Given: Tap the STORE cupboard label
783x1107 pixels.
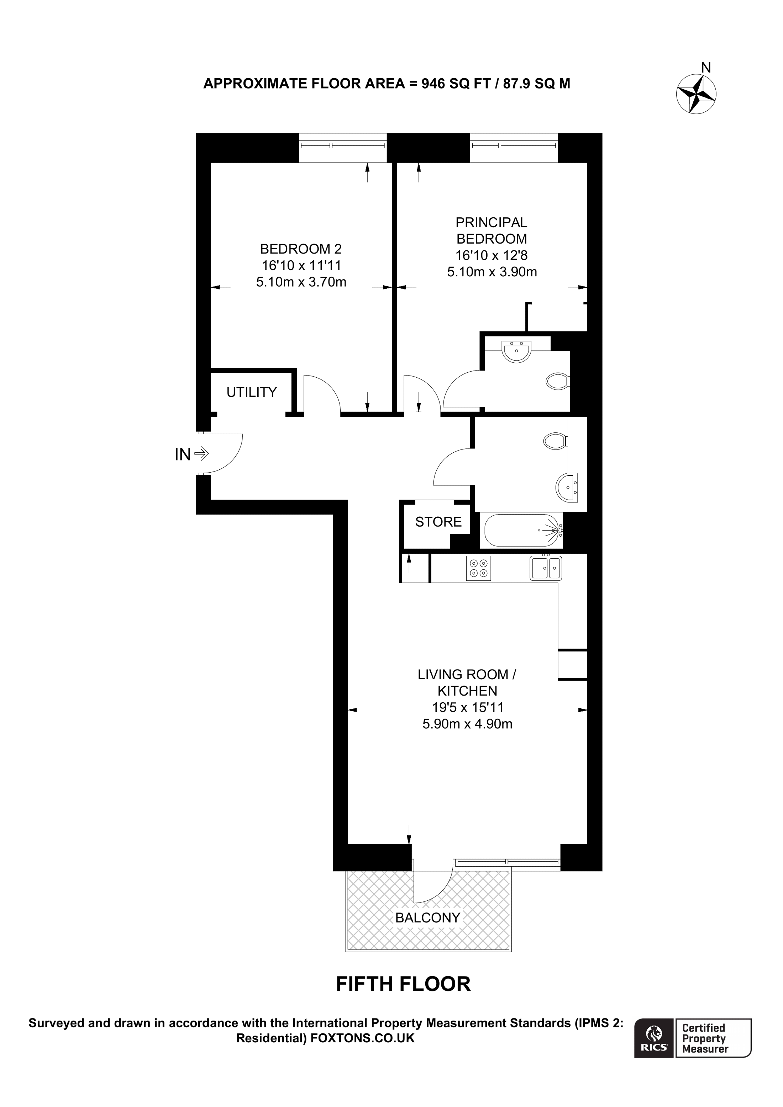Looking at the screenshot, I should (438, 522).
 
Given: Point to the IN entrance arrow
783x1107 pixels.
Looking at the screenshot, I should (201, 453).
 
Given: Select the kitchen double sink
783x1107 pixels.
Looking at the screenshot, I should (546, 568).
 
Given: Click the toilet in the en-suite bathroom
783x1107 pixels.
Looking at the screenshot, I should (558, 381).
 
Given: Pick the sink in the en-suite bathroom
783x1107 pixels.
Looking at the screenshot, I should (517, 351).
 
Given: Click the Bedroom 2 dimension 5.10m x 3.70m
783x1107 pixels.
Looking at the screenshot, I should (301, 282).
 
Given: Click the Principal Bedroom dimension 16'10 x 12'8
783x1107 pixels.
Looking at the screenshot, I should (491, 255).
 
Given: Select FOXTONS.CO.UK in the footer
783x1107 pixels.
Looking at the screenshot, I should (362, 1038).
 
